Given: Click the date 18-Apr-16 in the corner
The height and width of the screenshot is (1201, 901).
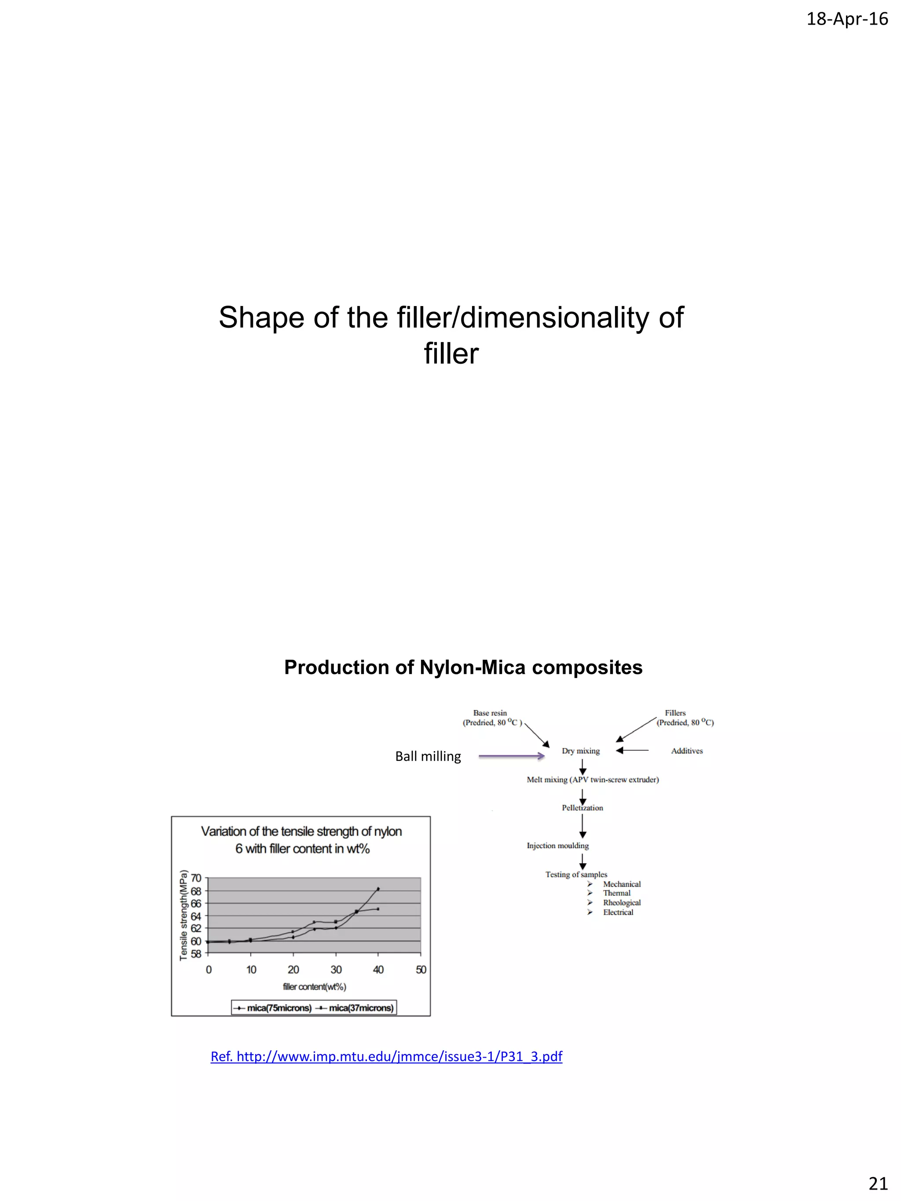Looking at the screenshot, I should [847, 19].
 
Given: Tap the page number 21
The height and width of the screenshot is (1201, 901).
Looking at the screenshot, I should [878, 1183].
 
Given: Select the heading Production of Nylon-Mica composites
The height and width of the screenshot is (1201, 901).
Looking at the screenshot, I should [463, 667].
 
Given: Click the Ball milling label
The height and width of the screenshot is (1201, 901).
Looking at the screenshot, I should [428, 756].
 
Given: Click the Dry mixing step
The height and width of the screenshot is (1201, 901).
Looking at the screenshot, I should [581, 751].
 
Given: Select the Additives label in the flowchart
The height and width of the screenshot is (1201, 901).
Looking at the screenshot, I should [686, 751].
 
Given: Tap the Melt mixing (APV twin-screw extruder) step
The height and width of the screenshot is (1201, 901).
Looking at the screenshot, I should [593, 780].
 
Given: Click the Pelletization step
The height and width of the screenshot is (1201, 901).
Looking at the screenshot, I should [582, 808].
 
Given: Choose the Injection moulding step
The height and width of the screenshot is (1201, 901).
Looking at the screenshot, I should [557, 845].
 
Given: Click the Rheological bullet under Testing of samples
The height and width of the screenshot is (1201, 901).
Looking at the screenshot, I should [622, 902].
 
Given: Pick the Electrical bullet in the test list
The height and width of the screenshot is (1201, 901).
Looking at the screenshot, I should [618, 912].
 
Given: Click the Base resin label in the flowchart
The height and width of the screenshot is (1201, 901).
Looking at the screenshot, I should [490, 713].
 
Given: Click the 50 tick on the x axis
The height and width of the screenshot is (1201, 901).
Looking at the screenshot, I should [421, 970].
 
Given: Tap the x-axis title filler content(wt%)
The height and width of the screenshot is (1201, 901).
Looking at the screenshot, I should [315, 986].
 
